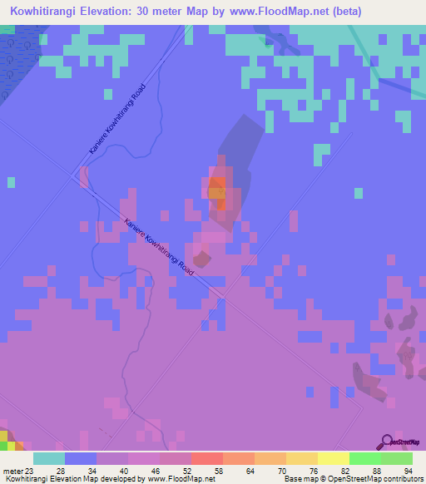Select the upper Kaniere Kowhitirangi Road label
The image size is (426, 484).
point(117,118)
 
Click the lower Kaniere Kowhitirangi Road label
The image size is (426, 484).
point(159,248)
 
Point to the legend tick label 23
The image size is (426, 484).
point(30,471)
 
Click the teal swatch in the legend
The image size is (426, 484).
point(49,458)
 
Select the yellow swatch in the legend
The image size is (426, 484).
point(334,458)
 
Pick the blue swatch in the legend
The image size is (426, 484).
point(81,458)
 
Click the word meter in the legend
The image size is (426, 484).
point(12,471)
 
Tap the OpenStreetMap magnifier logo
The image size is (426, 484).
point(386,442)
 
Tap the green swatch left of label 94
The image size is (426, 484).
point(397,458)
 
